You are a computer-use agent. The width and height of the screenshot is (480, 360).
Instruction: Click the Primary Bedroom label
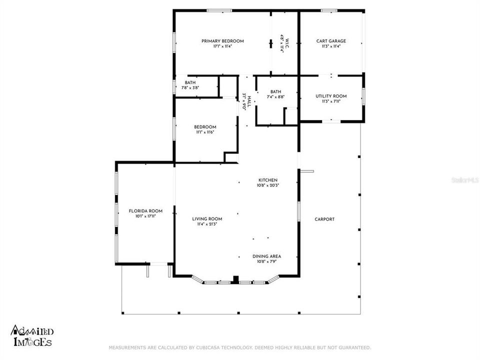pyautogui.click(x=222, y=41)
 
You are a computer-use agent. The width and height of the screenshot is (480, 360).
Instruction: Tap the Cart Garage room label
pyautogui.click(x=331, y=41)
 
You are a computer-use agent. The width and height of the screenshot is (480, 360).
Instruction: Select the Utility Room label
pyautogui.click(x=331, y=96)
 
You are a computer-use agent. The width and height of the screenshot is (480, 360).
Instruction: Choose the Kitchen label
pyautogui.click(x=267, y=180)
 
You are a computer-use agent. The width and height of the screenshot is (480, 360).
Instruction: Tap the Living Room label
pyautogui.click(x=207, y=219)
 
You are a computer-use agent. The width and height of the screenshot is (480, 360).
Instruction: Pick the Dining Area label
pyautogui.click(x=267, y=256)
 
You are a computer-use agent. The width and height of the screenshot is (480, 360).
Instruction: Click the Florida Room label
pyautogui.click(x=145, y=211)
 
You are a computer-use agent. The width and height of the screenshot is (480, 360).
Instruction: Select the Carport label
pyautogui.click(x=324, y=219)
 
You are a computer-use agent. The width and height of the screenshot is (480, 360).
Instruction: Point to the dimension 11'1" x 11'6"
pyautogui.click(x=205, y=132)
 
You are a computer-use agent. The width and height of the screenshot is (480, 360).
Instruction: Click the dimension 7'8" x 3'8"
pyautogui.click(x=190, y=88)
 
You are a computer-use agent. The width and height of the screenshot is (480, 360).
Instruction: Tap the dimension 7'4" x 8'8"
pyautogui.click(x=276, y=97)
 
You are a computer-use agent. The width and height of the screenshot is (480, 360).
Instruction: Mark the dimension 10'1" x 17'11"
pyautogui.click(x=145, y=216)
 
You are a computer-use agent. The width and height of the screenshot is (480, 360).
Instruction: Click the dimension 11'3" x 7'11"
pyautogui.click(x=331, y=101)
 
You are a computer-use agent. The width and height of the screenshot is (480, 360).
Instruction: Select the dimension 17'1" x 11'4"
pyautogui.click(x=222, y=46)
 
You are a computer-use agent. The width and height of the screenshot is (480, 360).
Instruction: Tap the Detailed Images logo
pyautogui.click(x=31, y=336)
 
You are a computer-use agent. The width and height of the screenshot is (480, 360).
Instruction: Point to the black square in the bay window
pyautogui.click(x=236, y=279)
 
